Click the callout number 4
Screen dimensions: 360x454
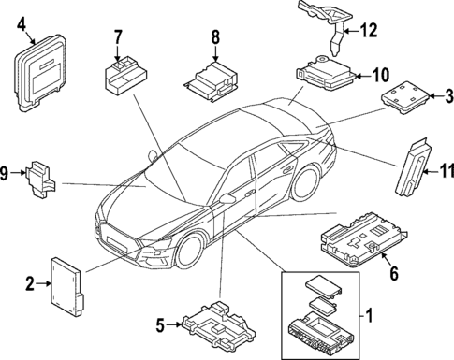click(x=21, y=27)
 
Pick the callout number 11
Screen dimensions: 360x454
click(x=447, y=172)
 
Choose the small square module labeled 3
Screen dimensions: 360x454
click(x=404, y=94)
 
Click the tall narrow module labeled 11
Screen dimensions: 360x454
click(x=415, y=168)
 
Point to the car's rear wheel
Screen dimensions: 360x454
click(x=305, y=184)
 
